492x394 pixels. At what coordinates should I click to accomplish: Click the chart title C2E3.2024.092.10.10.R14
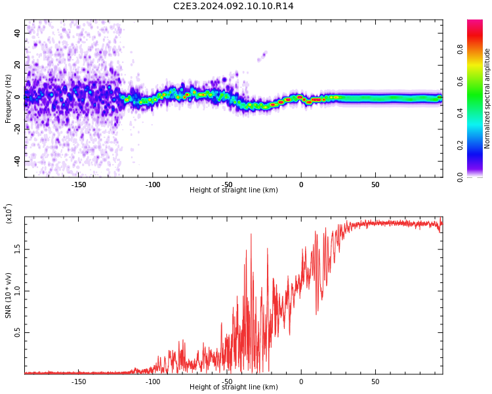pyautogui.click(x=233, y=6)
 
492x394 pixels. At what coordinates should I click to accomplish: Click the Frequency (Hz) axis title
pyautogui.click(x=8, y=98)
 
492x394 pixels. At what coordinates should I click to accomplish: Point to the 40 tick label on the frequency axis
pyautogui.click(x=17, y=33)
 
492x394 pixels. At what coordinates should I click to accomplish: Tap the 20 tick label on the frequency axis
pyautogui.click(x=17, y=65)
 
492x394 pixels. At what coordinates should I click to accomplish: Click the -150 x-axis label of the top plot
pyautogui.click(x=79, y=185)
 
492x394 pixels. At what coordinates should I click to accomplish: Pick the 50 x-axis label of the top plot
pyautogui.click(x=375, y=185)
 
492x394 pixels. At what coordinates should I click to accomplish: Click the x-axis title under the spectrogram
pyautogui.click(x=234, y=190)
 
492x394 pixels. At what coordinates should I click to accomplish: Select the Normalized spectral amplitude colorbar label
pyautogui.click(x=487, y=98)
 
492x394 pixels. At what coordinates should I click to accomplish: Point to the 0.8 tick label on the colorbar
pyautogui.click(x=460, y=49)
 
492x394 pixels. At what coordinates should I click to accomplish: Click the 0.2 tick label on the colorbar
pyautogui.click(x=460, y=145)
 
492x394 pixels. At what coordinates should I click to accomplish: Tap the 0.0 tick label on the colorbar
pyautogui.click(x=460, y=177)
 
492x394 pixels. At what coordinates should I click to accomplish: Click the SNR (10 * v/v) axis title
pyautogui.click(x=8, y=295)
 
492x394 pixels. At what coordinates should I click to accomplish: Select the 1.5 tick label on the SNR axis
pyautogui.click(x=17, y=250)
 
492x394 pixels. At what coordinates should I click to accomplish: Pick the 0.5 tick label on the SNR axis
pyautogui.click(x=17, y=332)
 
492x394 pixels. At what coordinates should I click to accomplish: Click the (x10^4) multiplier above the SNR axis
pyautogui.click(x=9, y=213)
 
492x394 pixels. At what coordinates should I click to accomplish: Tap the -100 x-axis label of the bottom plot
pyautogui.click(x=153, y=382)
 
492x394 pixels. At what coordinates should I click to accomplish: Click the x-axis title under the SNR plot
pyautogui.click(x=234, y=387)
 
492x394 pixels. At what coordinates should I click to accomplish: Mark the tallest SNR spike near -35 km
pyautogui.click(x=251, y=234)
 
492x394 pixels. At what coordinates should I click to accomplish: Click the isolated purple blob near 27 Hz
pyautogui.click(x=262, y=56)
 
